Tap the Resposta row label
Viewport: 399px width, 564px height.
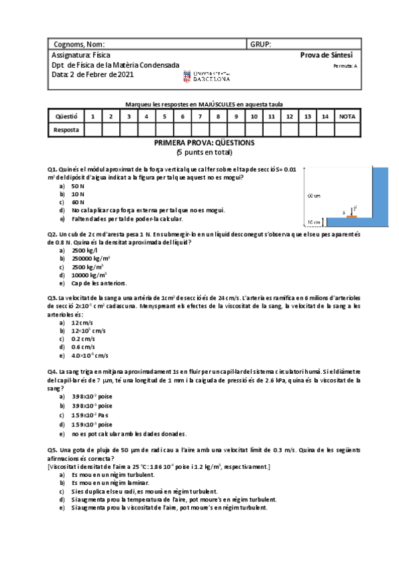(66, 130)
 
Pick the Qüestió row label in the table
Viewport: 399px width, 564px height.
(66, 116)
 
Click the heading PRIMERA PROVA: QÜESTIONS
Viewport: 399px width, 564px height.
(204, 142)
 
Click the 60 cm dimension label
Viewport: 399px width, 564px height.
(314, 196)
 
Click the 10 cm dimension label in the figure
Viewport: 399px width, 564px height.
(314, 221)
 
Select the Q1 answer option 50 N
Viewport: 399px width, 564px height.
(78, 187)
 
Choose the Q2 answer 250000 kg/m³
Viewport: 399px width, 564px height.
(91, 258)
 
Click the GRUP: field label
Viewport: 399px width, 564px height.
(260, 44)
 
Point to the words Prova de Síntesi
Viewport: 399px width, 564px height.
(326, 55)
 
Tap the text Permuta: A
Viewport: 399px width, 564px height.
(345, 66)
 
